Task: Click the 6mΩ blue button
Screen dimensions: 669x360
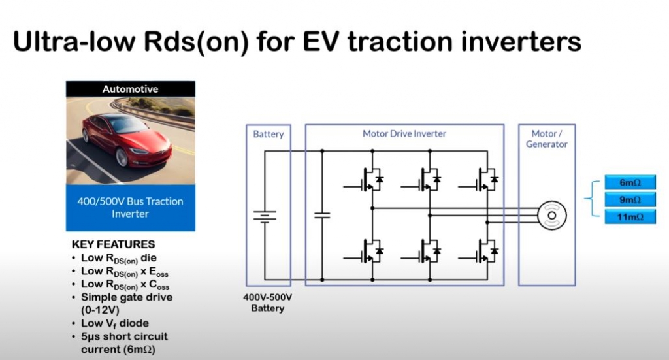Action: click(630, 182)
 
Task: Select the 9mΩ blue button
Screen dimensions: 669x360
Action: click(630, 200)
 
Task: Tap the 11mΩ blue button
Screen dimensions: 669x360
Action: click(630, 217)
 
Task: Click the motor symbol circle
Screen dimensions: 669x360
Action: click(551, 216)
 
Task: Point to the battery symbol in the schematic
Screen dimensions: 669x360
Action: click(265, 216)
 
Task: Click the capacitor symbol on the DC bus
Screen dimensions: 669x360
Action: click(322, 216)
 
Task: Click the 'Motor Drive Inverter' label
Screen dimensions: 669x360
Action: click(404, 133)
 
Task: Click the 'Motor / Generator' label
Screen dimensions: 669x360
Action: click(547, 139)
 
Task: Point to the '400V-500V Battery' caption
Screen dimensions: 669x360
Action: click(267, 303)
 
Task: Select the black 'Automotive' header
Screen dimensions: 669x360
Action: click(131, 89)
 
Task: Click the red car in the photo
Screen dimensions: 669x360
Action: click(127, 139)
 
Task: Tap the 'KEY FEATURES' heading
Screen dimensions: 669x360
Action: click(113, 244)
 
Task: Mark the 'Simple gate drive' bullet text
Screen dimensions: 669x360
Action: click(127, 297)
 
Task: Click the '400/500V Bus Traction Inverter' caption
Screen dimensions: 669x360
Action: click(130, 207)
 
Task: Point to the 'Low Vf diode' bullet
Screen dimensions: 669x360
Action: click(115, 323)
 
